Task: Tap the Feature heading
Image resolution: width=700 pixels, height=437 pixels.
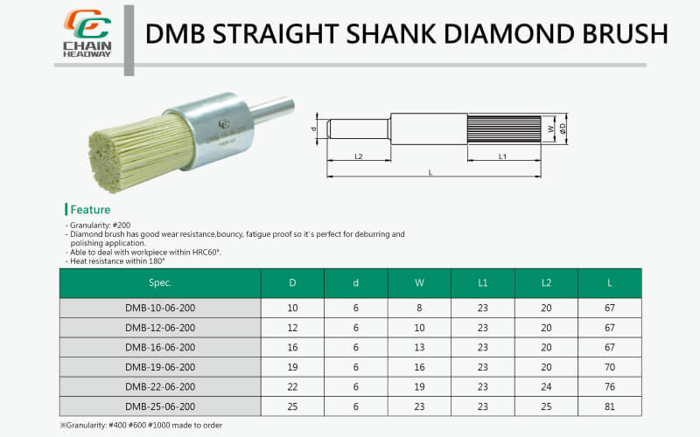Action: tap(90, 210)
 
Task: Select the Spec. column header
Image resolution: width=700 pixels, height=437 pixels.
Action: tap(160, 282)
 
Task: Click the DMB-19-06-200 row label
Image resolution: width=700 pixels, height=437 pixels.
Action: tap(160, 367)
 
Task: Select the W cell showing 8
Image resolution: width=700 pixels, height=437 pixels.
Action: tap(419, 309)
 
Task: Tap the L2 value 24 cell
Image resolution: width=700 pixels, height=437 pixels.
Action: tap(546, 386)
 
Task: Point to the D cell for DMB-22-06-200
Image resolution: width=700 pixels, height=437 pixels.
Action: tap(292, 386)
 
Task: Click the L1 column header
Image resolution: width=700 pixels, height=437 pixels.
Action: tap(483, 282)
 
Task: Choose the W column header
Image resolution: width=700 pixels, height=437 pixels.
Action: tap(419, 282)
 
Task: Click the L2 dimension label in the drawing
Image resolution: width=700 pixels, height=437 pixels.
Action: tap(359, 156)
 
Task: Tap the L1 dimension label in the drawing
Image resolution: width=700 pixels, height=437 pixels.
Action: tap(503, 156)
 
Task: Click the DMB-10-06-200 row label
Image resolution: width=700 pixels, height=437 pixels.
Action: tap(160, 309)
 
